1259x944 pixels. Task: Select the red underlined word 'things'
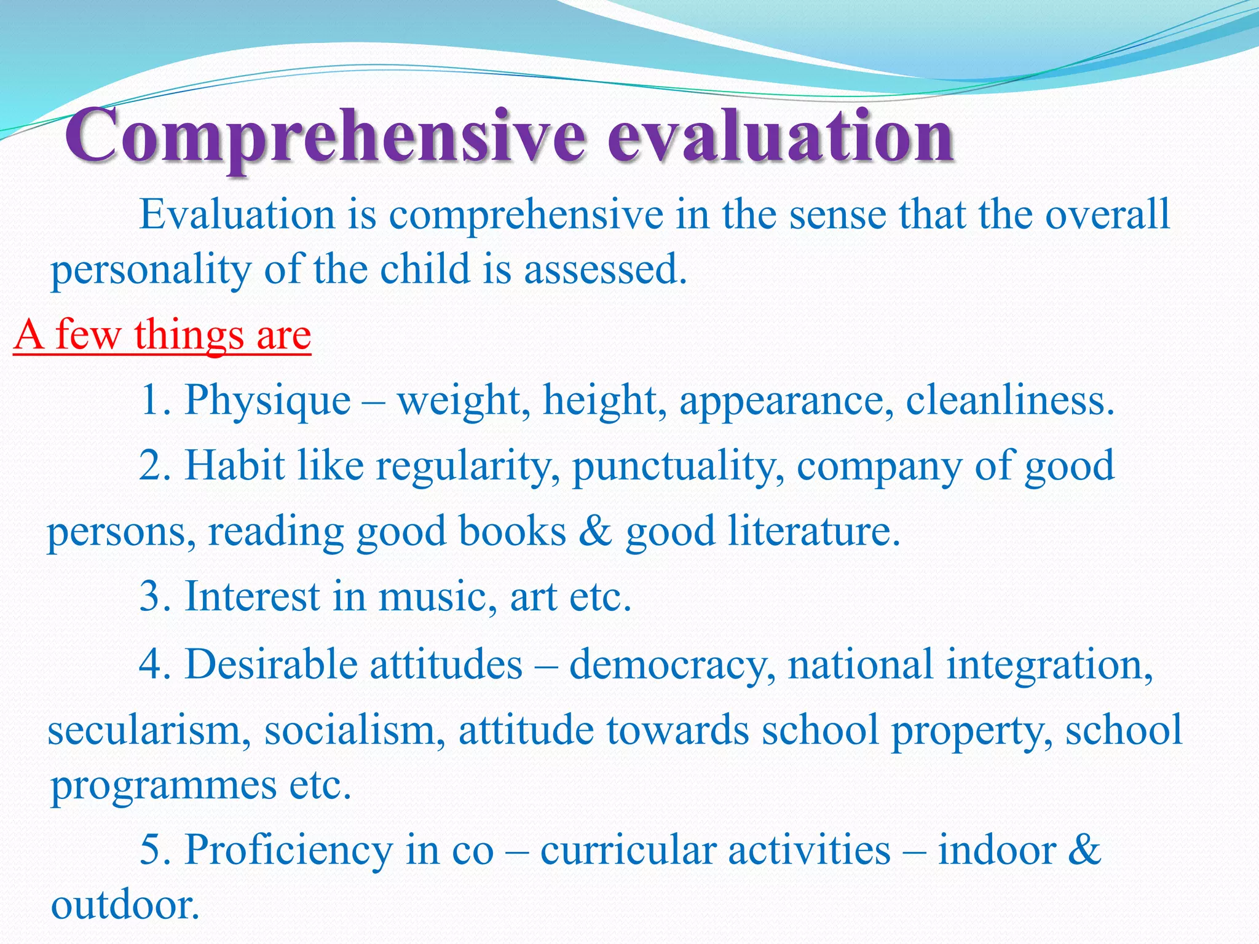188,335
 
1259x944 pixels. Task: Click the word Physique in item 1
267,401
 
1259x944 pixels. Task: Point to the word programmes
164,785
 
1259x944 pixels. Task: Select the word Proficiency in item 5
288,851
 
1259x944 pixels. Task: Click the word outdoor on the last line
125,905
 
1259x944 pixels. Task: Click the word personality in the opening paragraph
151,270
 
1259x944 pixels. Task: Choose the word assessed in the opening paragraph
605,270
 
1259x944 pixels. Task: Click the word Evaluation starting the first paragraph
237,215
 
